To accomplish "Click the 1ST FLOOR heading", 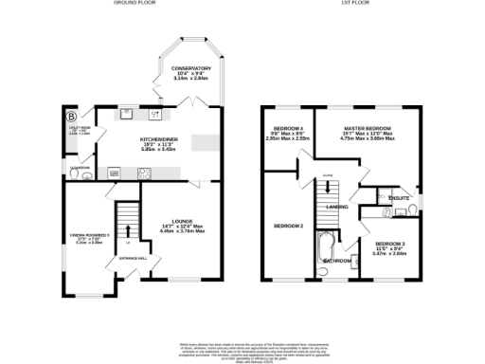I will [x=354, y=4].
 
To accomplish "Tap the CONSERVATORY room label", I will [x=190, y=69].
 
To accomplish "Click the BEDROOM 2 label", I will [x=288, y=226].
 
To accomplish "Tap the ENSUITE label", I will [x=386, y=197].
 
